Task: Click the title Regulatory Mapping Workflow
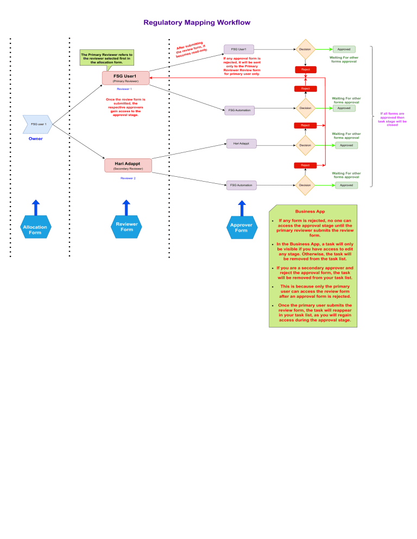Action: click(x=197, y=23)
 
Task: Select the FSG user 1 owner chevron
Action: click(x=37, y=124)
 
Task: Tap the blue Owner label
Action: click(x=35, y=139)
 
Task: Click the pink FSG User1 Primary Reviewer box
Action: click(x=125, y=78)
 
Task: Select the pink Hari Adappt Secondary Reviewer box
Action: click(x=128, y=165)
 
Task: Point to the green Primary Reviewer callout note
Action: click(x=106, y=57)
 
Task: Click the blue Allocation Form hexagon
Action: click(x=35, y=227)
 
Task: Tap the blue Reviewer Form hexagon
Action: click(x=127, y=227)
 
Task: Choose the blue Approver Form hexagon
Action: click(x=241, y=227)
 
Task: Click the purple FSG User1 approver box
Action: click(x=239, y=49)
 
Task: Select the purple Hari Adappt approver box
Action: click(x=241, y=144)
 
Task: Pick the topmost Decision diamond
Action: click(x=305, y=49)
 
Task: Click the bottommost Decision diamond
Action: click(x=305, y=185)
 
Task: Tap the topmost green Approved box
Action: click(x=344, y=49)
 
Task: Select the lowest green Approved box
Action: click(x=346, y=185)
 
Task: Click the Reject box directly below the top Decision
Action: click(x=305, y=69)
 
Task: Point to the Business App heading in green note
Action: click(x=309, y=211)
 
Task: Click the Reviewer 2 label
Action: click(x=128, y=178)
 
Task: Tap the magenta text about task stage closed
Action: click(x=392, y=119)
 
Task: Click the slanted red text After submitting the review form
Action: click(x=191, y=49)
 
